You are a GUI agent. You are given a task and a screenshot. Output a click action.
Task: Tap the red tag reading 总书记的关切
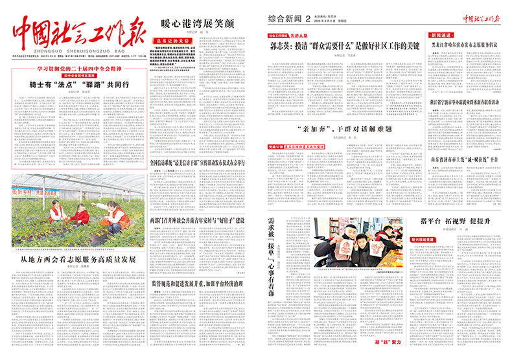tap(172, 41)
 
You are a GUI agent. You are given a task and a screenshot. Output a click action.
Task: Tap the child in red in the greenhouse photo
tap(82, 213)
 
